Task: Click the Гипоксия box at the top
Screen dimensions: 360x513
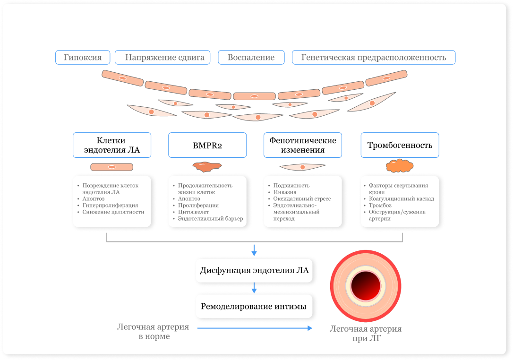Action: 83,57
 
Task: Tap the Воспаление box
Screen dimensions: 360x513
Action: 251,57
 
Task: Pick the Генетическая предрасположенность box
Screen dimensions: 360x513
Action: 374,57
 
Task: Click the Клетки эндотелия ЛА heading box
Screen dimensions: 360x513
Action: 112,145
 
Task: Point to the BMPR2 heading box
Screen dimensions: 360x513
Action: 207,145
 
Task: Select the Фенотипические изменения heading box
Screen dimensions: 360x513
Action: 303,145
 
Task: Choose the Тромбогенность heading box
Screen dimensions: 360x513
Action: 400,145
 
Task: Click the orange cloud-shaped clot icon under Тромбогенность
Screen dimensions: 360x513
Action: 400,166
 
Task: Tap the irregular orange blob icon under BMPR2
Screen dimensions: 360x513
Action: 207,166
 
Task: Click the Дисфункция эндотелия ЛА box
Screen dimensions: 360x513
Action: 254,271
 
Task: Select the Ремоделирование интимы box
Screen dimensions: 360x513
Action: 254,306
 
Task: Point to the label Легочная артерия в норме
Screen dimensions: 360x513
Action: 153,332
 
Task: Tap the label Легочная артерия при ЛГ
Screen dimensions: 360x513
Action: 366,334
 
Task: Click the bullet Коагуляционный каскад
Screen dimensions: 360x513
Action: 401,199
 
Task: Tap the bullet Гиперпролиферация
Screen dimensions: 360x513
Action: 110,206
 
